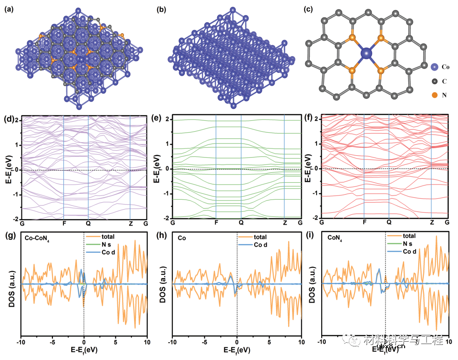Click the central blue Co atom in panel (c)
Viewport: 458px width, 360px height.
[x=367, y=54]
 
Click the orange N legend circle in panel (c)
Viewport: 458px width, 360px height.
[x=434, y=95]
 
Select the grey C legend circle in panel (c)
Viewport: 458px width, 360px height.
[x=434, y=81]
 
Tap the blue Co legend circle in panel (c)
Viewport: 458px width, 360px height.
[x=434, y=67]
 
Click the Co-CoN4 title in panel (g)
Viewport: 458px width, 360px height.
[x=37, y=237]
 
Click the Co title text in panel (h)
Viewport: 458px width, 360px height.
[x=182, y=237]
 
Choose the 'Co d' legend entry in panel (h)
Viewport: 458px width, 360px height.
[x=260, y=245]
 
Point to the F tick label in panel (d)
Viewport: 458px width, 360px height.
[x=63, y=224]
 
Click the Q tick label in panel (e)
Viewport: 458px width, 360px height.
[x=241, y=223]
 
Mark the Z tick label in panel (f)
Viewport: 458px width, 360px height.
[x=432, y=222]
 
